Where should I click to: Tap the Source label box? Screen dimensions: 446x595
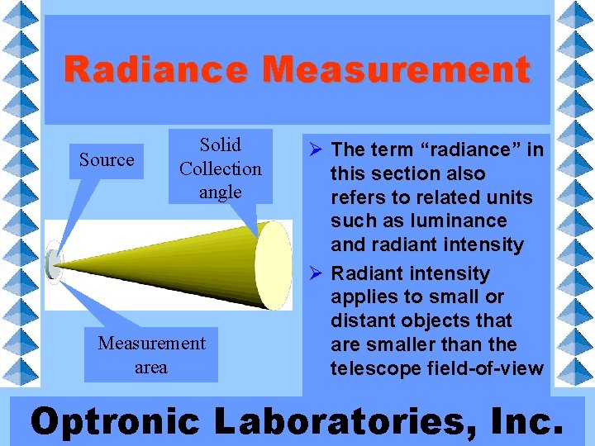coord(107,159)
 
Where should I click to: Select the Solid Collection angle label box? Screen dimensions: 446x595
coord(220,168)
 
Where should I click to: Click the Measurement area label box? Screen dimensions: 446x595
coord(150,354)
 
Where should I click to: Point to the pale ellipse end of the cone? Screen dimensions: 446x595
coord(273,265)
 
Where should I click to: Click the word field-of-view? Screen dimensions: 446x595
coord(488,368)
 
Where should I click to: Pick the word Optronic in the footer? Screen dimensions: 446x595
coord(115,421)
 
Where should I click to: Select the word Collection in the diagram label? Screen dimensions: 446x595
coord(220,168)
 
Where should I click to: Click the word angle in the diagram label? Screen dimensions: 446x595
coord(220,192)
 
